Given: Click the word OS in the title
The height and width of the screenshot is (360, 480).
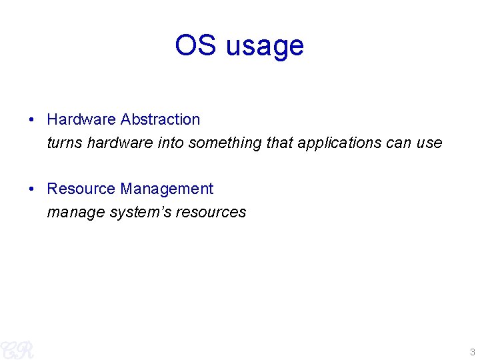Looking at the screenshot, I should point(196,45).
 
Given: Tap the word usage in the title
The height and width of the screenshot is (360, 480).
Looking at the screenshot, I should point(265,47).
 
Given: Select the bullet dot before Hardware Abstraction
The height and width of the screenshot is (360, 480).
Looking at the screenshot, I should point(32,120).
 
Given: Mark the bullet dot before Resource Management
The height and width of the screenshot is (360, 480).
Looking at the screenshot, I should point(32,189).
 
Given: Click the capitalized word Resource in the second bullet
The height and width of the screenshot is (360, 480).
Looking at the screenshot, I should point(81,189).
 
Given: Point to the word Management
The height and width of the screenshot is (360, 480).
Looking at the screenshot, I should point(167,189).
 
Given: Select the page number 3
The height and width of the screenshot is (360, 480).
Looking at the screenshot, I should point(472,352).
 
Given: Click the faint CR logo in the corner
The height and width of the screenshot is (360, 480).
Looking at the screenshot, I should point(17,349).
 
